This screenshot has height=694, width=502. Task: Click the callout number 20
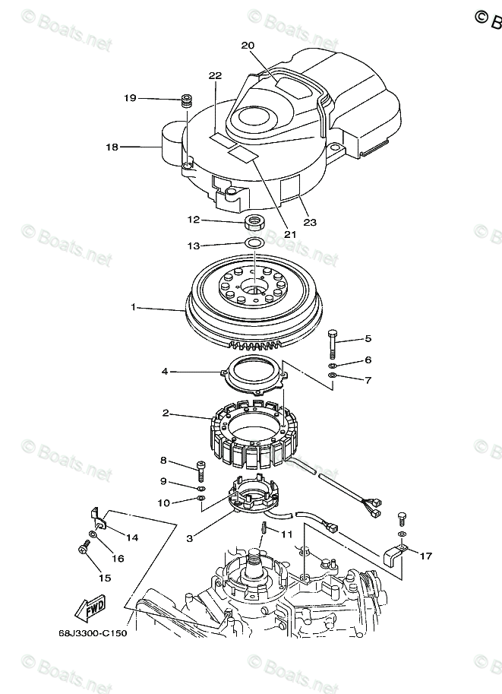pos(248,45)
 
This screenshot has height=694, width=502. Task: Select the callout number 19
pos(131,98)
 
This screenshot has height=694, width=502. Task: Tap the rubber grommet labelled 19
pos(185,100)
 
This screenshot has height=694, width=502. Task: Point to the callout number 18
pos(112,147)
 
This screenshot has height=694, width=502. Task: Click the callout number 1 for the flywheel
pos(134,308)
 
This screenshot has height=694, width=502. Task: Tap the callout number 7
pos(368,379)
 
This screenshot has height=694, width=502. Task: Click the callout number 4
pos(163,372)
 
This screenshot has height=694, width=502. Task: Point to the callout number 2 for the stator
pos(165,414)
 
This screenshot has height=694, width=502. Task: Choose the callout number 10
pos(163,502)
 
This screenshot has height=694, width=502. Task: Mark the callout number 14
pos(132,537)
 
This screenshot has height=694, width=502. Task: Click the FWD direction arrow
pos(89,609)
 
